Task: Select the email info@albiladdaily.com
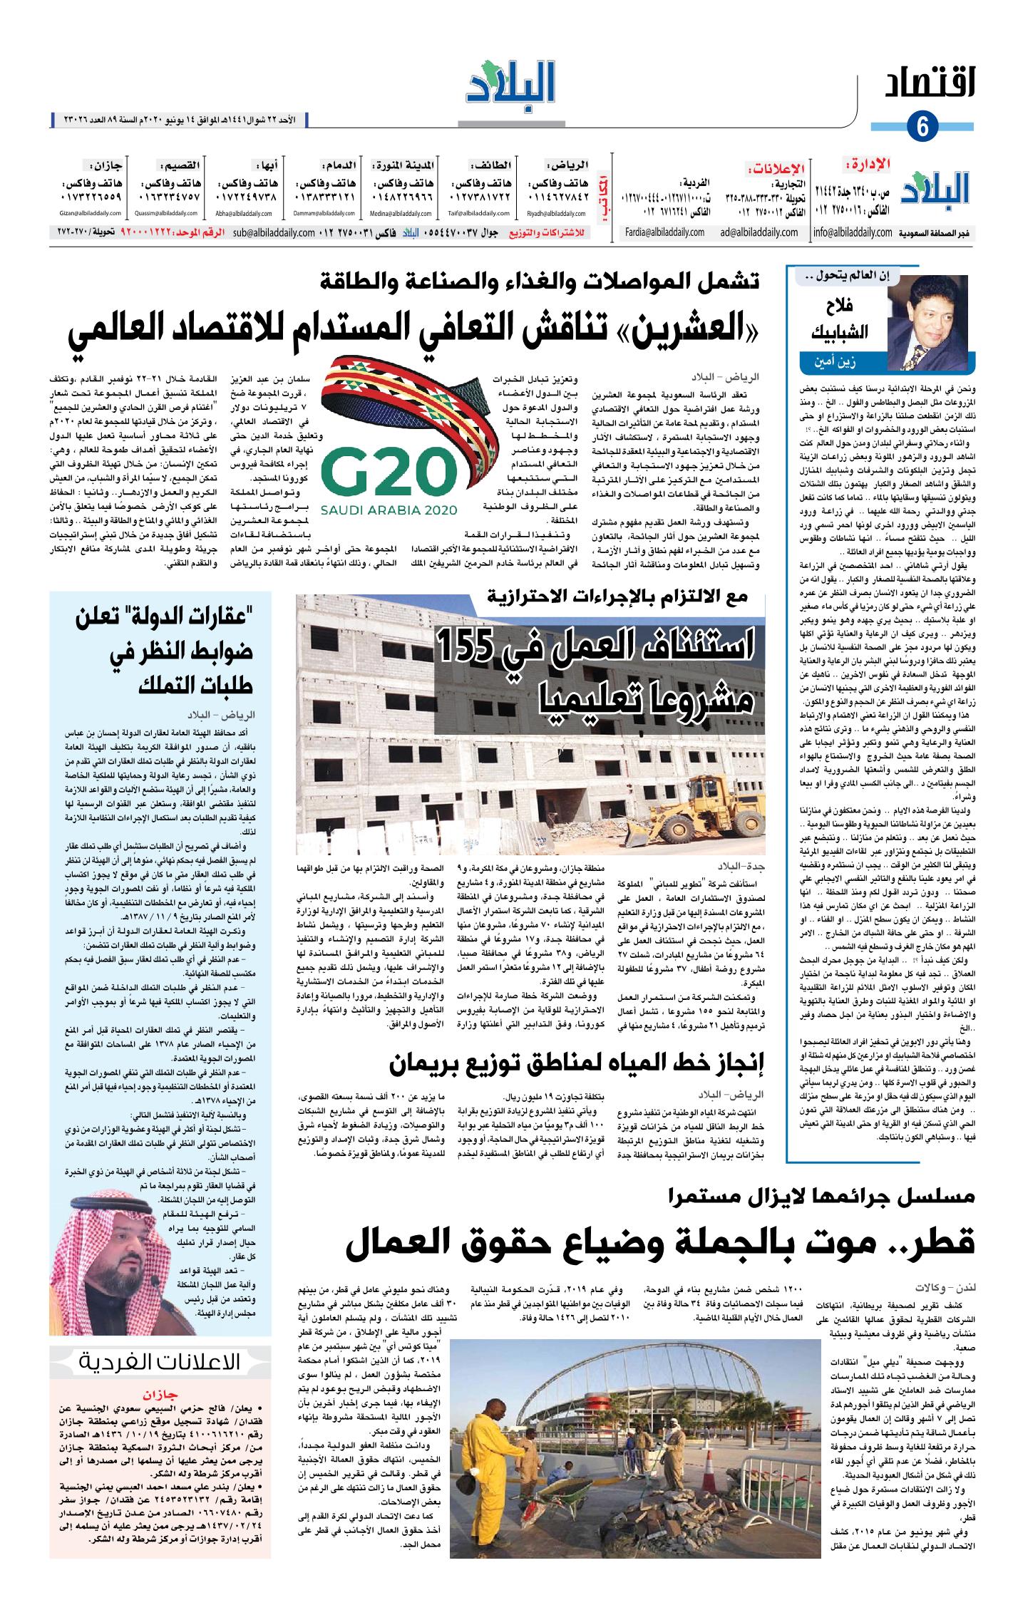coord(852,232)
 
